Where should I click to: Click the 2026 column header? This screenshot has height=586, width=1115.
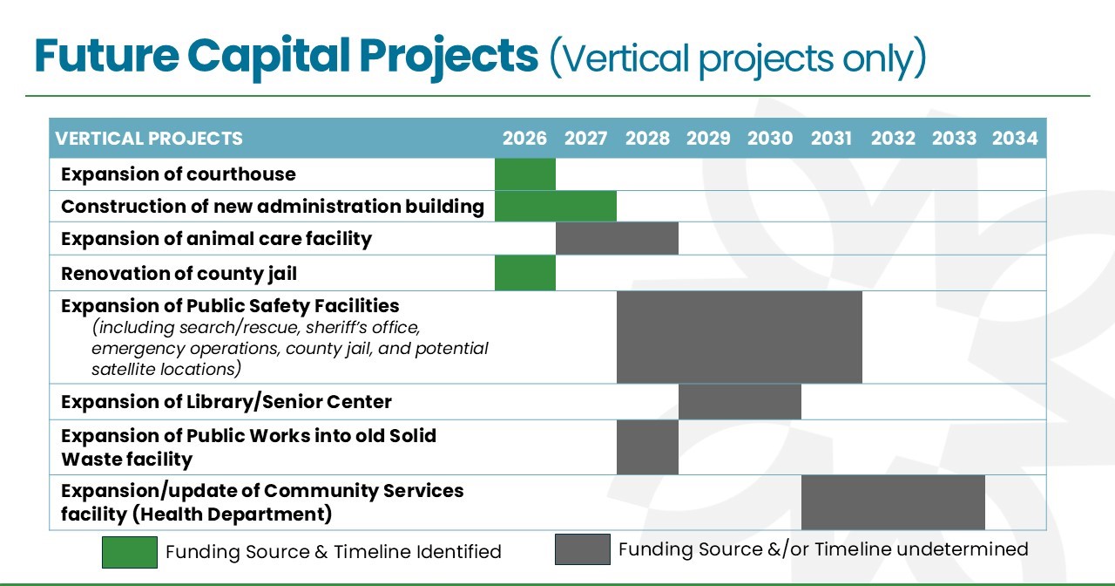point(524,139)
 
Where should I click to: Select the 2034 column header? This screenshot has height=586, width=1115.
point(1015,139)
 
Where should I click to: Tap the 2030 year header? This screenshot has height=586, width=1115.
point(770,139)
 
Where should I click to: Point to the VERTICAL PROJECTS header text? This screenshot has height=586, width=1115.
point(149,139)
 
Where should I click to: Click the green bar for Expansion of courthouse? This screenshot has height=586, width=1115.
point(525,174)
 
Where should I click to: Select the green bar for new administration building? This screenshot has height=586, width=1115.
point(556,207)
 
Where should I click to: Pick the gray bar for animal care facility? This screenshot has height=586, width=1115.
point(617,239)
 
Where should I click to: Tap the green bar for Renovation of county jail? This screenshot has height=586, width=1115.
point(525,273)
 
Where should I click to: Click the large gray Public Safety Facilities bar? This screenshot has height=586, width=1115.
point(740,337)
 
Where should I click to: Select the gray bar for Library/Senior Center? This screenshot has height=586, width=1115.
point(740,402)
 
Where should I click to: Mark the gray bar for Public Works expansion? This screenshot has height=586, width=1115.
point(647,447)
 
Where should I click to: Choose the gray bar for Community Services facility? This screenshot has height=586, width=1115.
point(893,502)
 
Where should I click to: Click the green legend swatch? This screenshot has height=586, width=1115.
point(130,552)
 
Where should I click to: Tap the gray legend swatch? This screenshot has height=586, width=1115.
point(582,549)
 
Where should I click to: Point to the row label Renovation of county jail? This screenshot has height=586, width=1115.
point(179,274)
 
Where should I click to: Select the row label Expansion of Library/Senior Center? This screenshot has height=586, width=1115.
point(226,402)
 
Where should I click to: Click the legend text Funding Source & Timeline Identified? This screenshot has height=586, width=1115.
point(333,552)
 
